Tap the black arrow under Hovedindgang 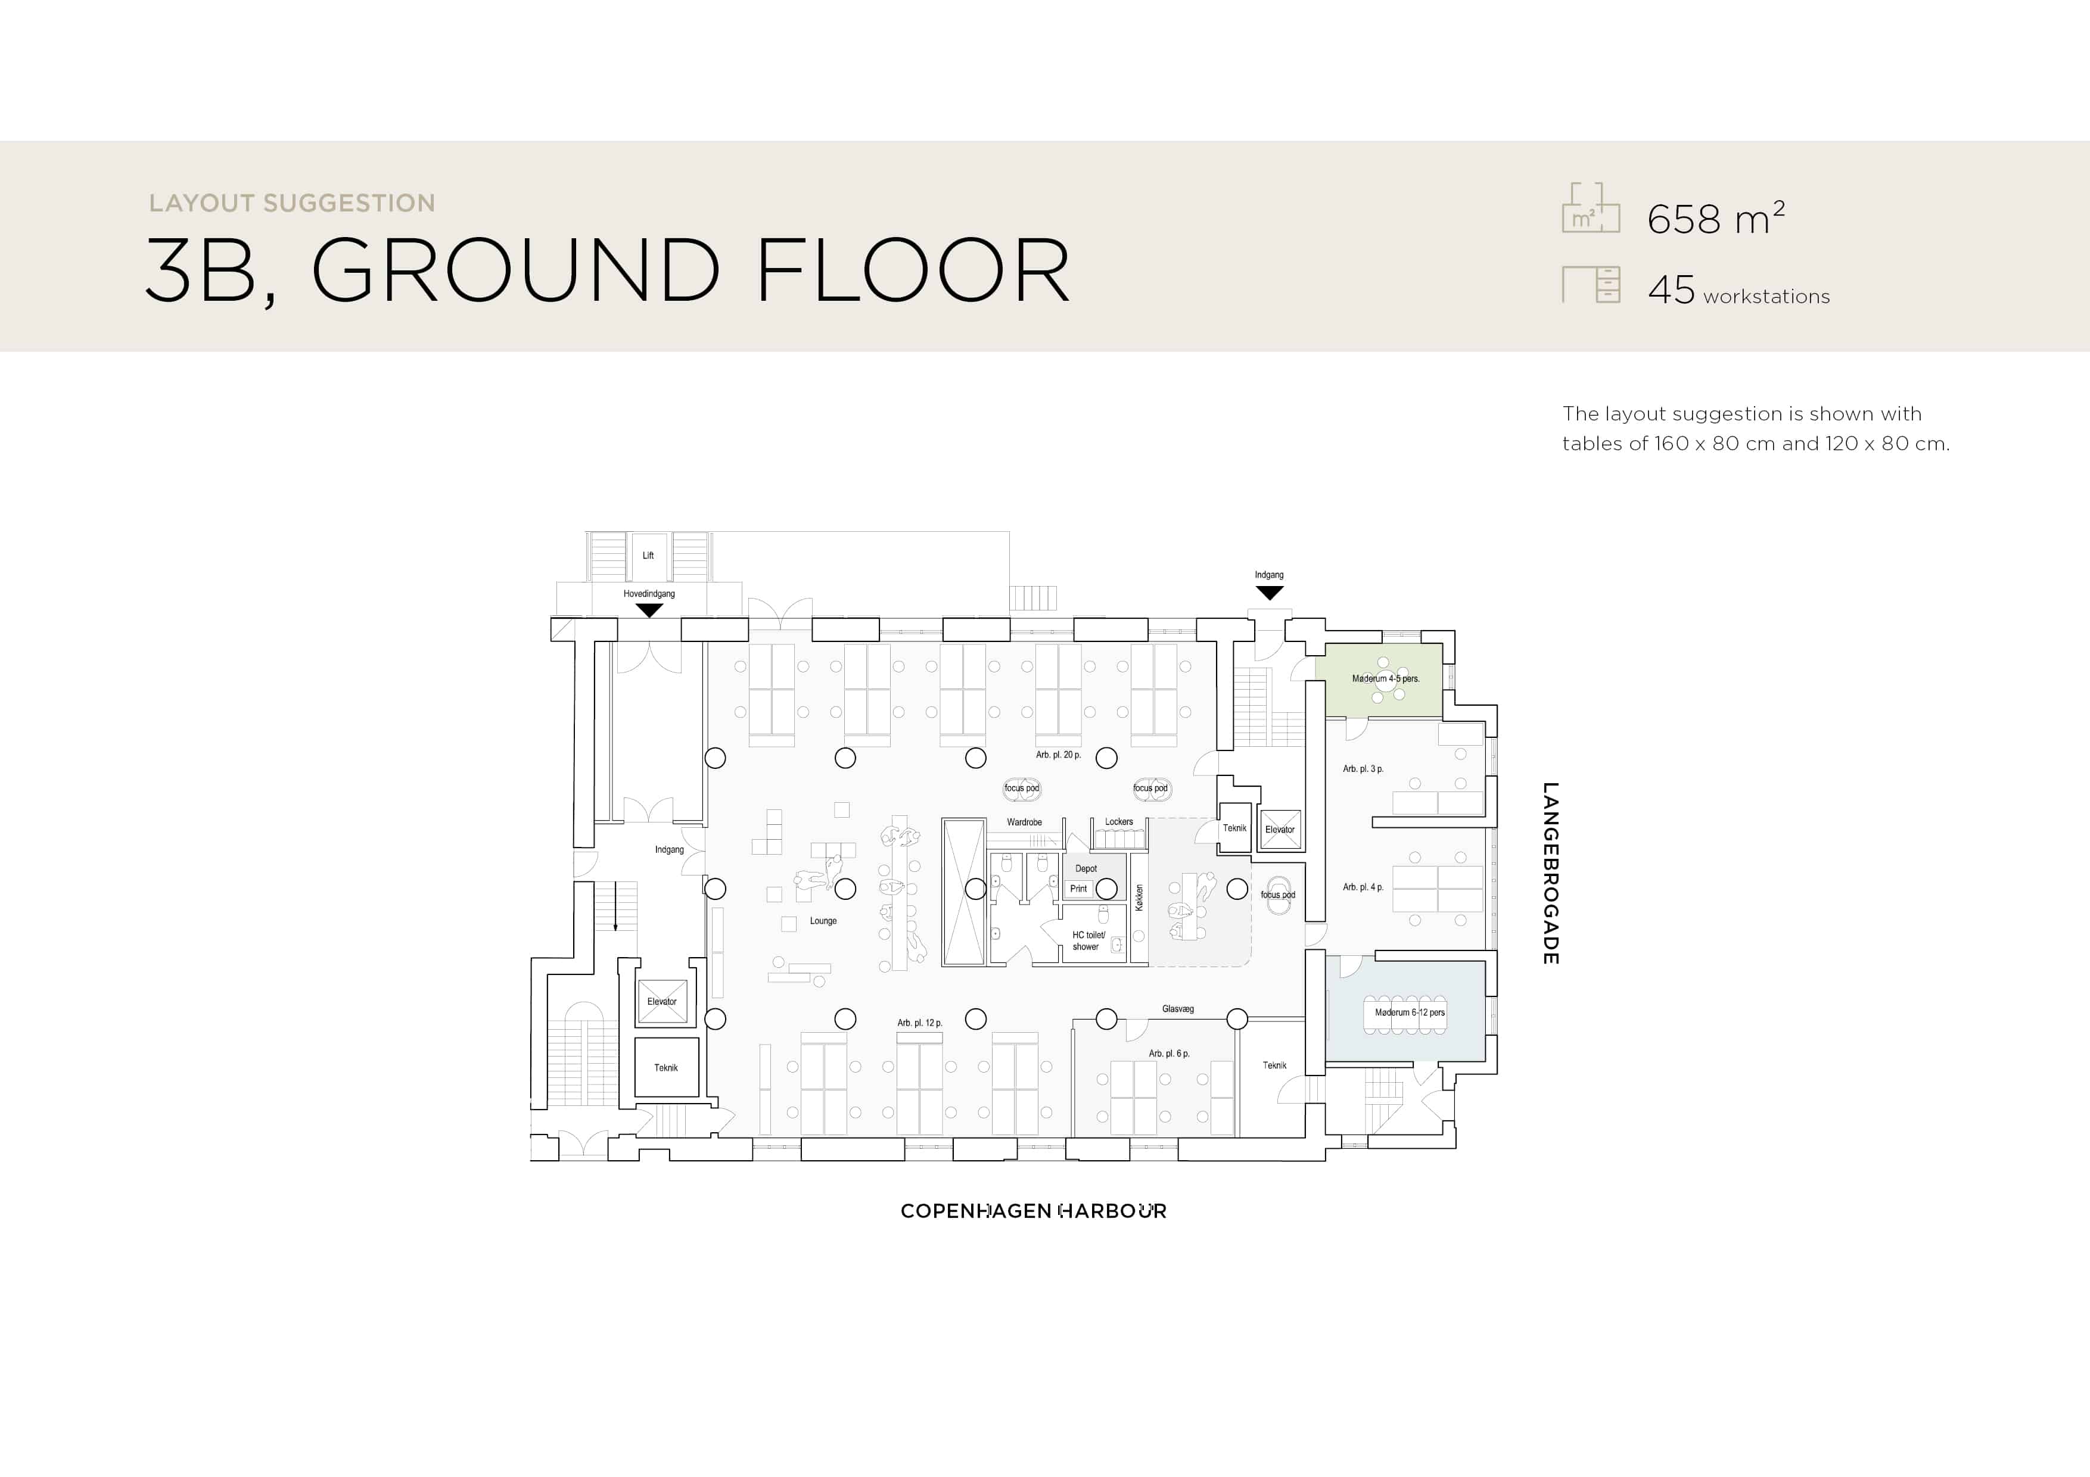(x=649, y=610)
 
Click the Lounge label (x=823, y=921)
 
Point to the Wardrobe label (x=1024, y=822)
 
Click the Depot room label (x=1086, y=869)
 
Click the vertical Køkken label (x=1139, y=898)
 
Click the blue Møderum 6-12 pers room (x=1405, y=1008)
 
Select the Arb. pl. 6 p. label (x=1169, y=1054)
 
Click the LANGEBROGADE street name (x=1551, y=874)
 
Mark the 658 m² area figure (x=1716, y=217)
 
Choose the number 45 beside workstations (x=1672, y=290)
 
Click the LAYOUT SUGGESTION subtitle (x=292, y=203)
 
